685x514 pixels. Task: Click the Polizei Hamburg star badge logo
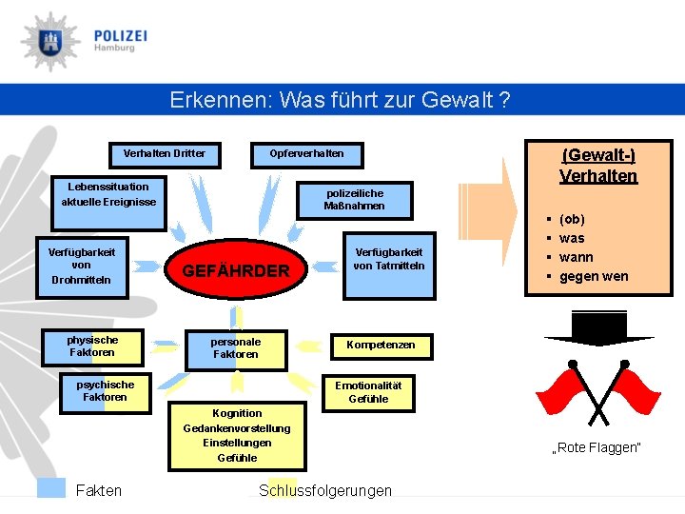49,42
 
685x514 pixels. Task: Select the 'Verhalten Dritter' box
165,153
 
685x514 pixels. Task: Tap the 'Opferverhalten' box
306,153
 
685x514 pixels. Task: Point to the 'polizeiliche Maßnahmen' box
354,199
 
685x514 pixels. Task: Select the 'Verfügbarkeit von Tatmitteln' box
388,259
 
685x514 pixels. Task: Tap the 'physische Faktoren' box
92,346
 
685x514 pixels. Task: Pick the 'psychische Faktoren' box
105,391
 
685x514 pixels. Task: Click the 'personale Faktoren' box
235,348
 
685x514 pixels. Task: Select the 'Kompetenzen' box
381,345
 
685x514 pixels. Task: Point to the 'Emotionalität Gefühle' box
368,392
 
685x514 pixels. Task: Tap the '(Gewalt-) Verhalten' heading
598,166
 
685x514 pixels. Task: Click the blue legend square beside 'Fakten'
50,487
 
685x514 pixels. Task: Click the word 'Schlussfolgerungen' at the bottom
324,490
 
